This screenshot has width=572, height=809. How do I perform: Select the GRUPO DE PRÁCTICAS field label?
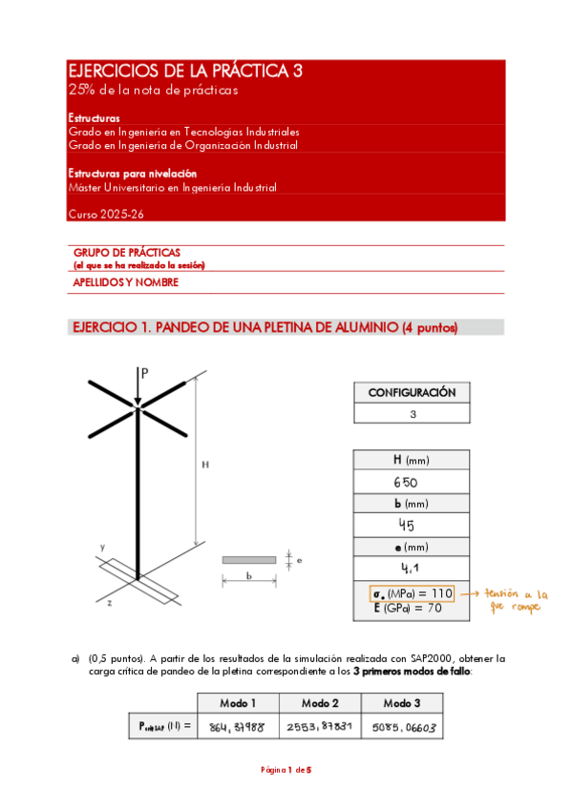126,252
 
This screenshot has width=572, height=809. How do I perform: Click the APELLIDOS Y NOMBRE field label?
125,282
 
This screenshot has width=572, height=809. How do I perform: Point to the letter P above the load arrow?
145,374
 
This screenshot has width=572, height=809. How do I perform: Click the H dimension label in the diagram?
204,465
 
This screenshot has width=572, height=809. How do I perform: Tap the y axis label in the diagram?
102,547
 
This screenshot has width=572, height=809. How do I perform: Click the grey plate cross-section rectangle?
249,560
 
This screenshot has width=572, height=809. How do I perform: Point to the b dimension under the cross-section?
249,576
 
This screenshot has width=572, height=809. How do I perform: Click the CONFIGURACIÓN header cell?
412,393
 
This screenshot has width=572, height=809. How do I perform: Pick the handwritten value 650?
412,483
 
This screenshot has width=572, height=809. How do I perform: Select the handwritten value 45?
412,525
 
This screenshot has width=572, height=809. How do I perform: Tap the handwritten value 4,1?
412,567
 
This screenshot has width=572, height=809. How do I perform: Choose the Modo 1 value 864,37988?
238,727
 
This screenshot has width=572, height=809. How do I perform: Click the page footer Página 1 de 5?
286,770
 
